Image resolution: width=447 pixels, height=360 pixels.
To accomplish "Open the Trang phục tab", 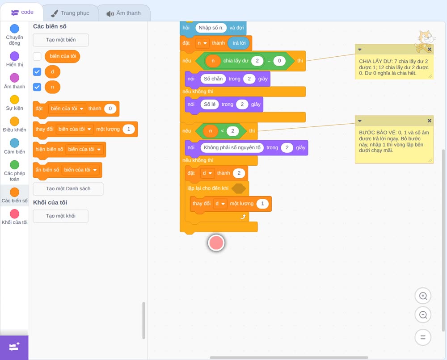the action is point(70,13).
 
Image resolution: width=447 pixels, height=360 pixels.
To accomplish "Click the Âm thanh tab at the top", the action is point(124,13).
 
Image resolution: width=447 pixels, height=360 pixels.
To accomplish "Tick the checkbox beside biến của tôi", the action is point(37,56).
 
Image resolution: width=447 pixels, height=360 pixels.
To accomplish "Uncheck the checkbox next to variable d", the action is point(37,72).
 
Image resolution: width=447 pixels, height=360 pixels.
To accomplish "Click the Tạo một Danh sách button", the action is point(68,188).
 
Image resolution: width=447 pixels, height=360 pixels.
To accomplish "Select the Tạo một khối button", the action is point(61,216).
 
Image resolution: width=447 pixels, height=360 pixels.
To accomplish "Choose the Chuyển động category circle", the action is point(15,29).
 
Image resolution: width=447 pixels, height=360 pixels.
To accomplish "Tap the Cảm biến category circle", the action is point(15,143).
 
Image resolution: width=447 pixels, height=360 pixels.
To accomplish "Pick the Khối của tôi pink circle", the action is point(15,213).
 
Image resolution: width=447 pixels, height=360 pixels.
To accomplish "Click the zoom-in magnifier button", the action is point(423,296).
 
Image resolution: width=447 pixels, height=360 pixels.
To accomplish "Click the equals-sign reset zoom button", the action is point(423,337).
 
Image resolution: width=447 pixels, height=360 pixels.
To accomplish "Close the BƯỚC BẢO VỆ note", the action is point(429,121).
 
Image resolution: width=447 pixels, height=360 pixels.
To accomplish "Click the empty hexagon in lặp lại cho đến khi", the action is point(239,188).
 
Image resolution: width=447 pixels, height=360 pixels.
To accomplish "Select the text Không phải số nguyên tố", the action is point(232,147).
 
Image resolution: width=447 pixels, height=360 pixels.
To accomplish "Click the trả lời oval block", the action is point(239,43).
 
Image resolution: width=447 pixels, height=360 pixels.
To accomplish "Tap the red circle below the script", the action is point(216,243).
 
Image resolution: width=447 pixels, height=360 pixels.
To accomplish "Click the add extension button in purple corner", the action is point(14,347).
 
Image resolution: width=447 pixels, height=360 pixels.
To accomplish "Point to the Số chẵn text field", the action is point(213,79).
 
